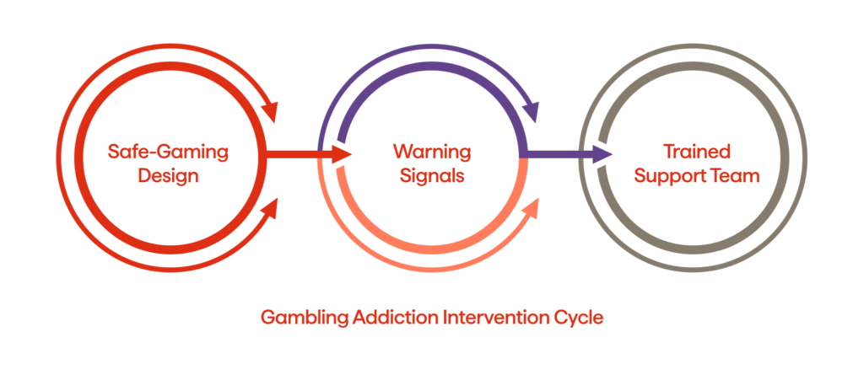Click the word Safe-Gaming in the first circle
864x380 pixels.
tap(169, 152)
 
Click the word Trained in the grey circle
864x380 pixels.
tap(696, 152)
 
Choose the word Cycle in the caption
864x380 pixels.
tap(580, 318)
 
